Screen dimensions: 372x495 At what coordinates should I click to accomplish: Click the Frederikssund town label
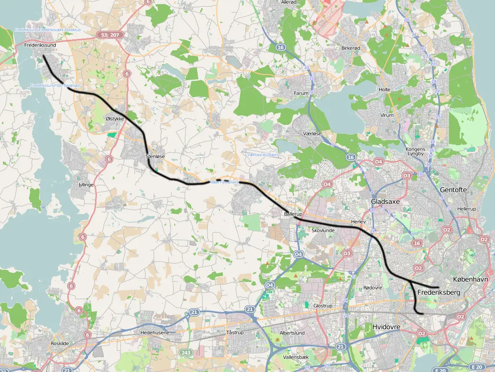40,45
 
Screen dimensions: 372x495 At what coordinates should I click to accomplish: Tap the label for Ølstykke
115,118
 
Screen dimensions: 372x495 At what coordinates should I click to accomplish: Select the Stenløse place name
155,156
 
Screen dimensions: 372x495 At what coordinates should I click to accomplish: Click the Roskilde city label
60,344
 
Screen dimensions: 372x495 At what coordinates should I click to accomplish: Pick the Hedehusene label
152,332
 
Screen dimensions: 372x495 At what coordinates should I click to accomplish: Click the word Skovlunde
323,230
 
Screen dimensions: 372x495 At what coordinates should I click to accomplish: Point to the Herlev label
358,222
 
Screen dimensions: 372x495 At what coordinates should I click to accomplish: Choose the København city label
471,279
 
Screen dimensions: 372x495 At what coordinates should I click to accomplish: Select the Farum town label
301,93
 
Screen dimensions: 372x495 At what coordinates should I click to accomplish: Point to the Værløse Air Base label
262,155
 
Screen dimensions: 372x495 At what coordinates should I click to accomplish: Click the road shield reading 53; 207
109,35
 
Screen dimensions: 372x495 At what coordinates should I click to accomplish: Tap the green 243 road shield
186,353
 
